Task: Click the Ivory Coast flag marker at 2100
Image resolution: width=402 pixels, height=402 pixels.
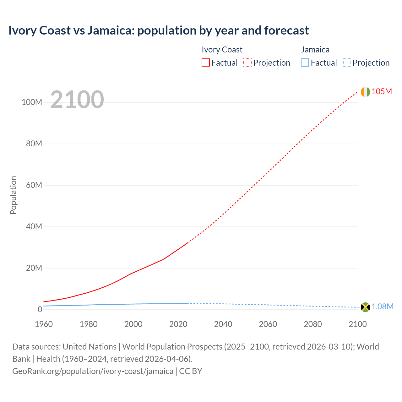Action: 365,92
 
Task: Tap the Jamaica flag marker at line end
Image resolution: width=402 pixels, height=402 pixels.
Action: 365,307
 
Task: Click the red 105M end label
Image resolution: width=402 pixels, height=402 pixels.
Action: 382,91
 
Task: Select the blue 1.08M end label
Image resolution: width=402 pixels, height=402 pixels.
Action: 383,307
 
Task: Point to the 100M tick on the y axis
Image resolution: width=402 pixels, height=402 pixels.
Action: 32,102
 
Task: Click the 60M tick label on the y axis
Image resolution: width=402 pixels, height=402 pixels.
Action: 34,185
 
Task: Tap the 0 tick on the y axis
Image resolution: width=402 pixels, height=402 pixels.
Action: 40,309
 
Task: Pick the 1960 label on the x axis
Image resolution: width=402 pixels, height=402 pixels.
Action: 44,324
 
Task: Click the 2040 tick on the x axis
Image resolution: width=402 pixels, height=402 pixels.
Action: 223,324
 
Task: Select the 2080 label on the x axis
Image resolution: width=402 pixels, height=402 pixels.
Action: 313,324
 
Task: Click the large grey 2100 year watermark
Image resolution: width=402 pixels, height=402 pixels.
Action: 77,100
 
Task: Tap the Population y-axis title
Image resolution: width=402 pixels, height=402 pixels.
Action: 13,195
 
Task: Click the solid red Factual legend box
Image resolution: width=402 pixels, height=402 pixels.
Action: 206,63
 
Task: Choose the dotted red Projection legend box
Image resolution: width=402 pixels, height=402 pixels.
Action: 247,63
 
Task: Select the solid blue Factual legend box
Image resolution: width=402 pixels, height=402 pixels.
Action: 305,63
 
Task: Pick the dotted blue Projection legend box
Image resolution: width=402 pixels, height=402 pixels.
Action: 347,63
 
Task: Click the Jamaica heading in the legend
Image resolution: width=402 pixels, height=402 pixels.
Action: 315,50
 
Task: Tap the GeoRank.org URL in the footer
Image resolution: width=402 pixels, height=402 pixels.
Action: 93,371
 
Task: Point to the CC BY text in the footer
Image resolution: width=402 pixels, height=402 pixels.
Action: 191,371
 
